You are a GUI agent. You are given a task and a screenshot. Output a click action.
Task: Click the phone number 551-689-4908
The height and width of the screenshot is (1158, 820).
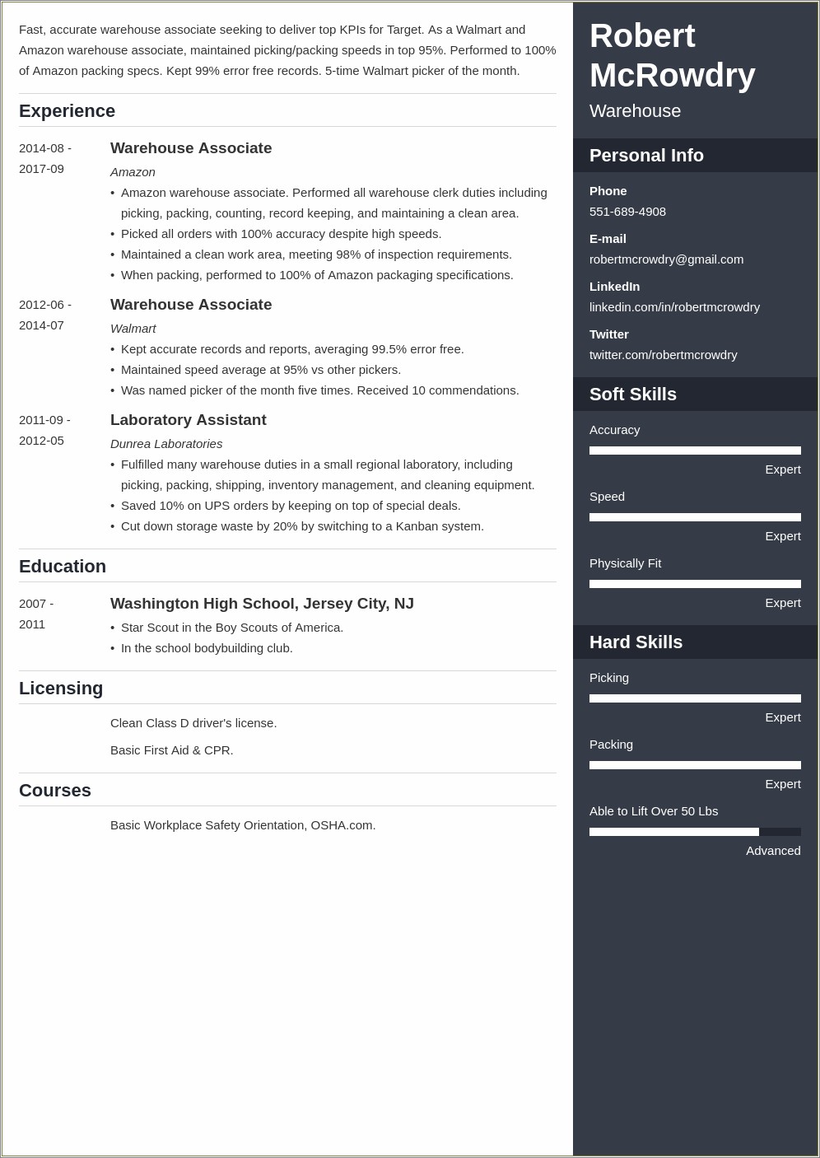click(x=627, y=212)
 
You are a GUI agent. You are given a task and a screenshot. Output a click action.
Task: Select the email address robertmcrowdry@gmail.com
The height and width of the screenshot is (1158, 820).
click(x=666, y=259)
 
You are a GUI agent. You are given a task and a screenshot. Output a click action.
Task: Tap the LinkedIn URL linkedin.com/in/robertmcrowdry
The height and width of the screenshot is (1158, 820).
click(x=674, y=307)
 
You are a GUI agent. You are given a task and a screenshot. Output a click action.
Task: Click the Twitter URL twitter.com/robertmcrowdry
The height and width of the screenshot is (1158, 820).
click(x=663, y=355)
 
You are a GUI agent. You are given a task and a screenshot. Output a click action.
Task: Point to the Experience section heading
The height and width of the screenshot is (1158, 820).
click(x=67, y=111)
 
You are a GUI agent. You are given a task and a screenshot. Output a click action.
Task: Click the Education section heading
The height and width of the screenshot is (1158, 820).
click(x=63, y=567)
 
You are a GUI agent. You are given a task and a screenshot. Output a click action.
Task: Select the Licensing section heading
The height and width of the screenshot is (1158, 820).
click(x=61, y=689)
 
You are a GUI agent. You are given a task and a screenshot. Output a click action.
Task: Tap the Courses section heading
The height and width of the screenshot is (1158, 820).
click(x=55, y=791)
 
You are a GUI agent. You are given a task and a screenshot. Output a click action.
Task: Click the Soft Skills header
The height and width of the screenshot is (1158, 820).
click(x=633, y=395)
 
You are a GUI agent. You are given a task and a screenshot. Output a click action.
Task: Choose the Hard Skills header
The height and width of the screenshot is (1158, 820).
click(x=636, y=642)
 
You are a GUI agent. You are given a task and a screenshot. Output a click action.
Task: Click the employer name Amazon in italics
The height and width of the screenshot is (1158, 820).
click(x=133, y=172)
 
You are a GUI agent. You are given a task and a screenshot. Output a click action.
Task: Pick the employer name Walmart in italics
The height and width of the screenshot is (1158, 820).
click(x=133, y=329)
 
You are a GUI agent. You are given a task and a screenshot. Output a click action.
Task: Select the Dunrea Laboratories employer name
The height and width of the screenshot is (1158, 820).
click(x=166, y=444)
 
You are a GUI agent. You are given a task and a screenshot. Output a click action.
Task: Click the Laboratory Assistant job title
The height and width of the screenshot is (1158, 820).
click(x=188, y=420)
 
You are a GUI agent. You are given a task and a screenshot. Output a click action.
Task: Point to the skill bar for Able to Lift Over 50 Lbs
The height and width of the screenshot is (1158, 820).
click(x=695, y=832)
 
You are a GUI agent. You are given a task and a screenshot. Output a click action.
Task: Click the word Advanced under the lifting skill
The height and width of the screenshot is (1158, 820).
click(x=773, y=851)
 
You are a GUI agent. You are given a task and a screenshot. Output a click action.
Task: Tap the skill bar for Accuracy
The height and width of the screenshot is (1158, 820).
click(x=695, y=451)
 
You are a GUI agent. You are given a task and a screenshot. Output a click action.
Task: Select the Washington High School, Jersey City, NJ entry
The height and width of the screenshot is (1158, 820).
click(x=262, y=604)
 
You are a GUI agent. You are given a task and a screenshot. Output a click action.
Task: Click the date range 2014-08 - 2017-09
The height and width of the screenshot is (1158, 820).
click(x=45, y=158)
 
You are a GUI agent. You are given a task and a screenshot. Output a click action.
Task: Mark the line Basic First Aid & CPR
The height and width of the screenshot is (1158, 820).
click(x=171, y=750)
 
